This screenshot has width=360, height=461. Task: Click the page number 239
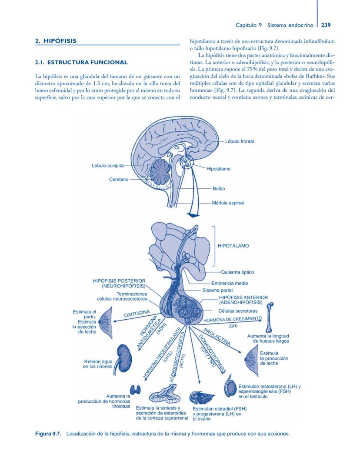tap(326, 25)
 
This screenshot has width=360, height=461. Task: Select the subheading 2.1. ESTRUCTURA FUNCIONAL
tap(81, 63)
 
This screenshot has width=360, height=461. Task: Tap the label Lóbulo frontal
tap(240, 141)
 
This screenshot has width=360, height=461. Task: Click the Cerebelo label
tap(118, 179)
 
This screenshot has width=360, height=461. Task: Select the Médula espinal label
tap(228, 203)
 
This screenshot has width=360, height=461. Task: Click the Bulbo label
tap(219, 189)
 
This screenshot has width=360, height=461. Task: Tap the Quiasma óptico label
tap(237, 272)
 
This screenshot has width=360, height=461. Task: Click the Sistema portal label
tap(217, 290)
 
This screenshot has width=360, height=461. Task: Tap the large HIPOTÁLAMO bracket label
tap(233, 246)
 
